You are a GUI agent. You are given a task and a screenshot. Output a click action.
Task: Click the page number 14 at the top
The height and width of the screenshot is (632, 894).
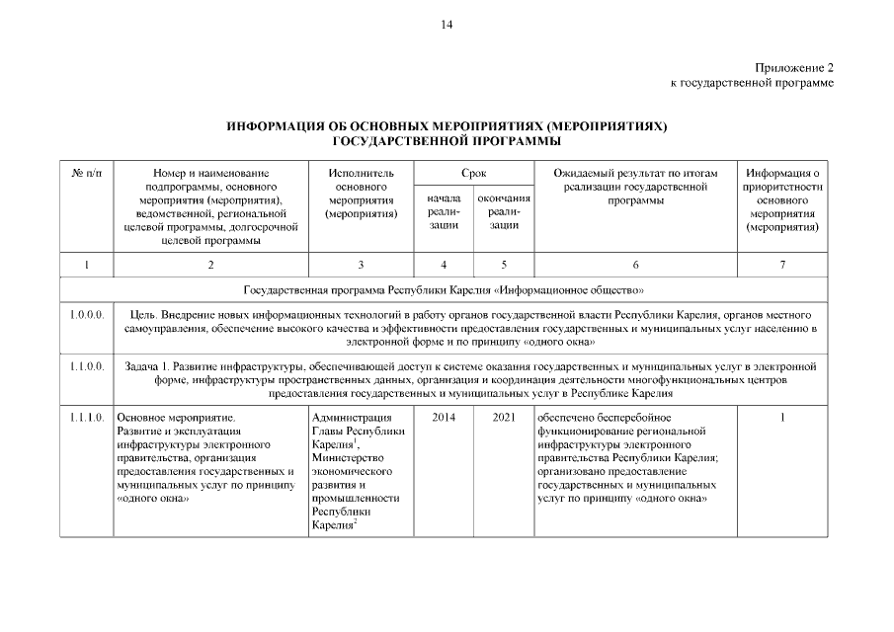tap(447, 25)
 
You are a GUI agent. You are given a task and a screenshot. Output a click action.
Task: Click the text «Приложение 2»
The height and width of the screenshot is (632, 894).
tap(794, 67)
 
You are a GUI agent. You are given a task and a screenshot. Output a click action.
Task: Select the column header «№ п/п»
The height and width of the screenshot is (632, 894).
tap(86, 174)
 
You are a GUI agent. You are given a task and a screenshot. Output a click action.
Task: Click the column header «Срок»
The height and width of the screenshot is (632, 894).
tap(473, 174)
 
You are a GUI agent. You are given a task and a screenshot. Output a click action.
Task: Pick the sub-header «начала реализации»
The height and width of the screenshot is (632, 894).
tap(444, 212)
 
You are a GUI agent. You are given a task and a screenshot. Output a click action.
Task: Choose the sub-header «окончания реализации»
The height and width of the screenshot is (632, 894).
tap(504, 212)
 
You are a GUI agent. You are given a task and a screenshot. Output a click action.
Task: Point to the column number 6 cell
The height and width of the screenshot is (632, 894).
tap(634, 264)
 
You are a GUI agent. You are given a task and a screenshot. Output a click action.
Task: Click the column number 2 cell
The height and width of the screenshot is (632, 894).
tap(210, 264)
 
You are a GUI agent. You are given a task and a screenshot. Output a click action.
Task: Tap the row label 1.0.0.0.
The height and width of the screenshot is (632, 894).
tap(86, 314)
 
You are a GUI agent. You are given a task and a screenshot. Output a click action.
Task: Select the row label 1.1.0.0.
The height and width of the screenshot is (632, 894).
tap(86, 366)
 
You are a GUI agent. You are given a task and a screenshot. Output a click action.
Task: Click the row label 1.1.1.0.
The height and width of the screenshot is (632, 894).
tap(86, 418)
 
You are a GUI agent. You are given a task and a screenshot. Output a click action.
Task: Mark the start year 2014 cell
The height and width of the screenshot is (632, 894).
tap(444, 418)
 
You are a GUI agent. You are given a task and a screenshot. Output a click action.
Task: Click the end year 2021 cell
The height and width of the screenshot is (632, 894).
tap(504, 418)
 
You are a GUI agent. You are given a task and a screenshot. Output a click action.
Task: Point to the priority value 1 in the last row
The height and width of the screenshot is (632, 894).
tap(782, 418)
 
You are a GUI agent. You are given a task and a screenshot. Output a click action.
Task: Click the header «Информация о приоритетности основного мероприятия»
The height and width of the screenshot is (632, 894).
tap(782, 199)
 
